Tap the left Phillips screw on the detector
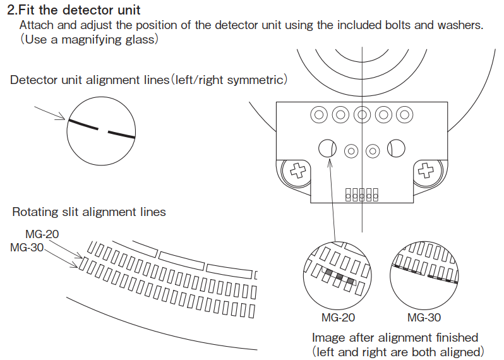(x=295, y=171)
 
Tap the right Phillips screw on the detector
(x=428, y=171)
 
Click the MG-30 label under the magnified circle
(x=424, y=318)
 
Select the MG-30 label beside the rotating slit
(x=27, y=247)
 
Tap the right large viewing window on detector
(x=396, y=148)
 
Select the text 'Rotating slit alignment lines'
(x=89, y=212)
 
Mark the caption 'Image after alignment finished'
(x=395, y=337)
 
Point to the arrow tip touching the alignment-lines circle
(x=66, y=119)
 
